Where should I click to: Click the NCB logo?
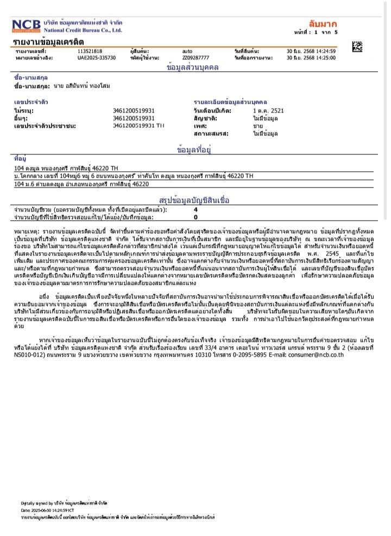(26, 26)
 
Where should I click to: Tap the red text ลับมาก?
(323, 24)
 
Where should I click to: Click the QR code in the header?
(356, 46)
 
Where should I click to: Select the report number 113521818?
(90, 51)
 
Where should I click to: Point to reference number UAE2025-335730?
(97, 57)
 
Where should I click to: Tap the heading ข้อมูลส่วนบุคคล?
(192, 67)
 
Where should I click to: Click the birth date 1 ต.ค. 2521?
(264, 110)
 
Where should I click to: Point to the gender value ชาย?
(257, 126)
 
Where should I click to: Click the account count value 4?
(195, 209)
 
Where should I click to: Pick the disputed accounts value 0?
(195, 217)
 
